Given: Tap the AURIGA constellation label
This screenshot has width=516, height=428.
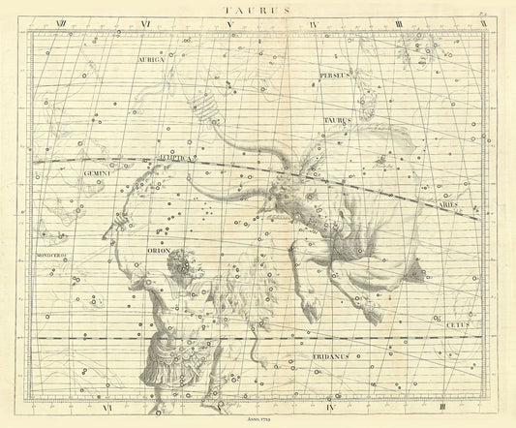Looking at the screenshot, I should tap(156, 58).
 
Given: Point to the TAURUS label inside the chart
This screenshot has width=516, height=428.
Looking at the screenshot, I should tap(336, 121).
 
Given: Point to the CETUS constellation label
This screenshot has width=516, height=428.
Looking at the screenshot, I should tap(458, 326).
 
